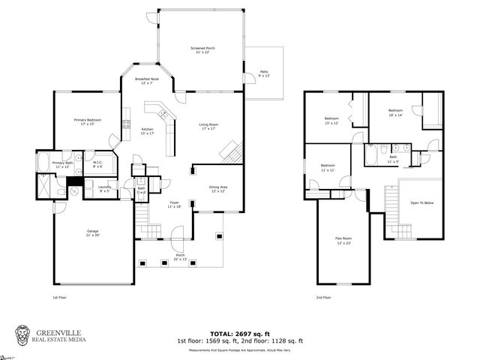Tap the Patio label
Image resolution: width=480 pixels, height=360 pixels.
[262, 74]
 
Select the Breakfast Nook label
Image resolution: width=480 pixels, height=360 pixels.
[147, 80]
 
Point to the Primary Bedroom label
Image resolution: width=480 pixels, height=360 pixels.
[88, 121]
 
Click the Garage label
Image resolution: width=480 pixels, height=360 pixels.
[92, 233]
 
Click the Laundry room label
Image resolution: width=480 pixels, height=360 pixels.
[104, 189]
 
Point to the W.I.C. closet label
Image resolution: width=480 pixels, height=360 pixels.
[98, 163]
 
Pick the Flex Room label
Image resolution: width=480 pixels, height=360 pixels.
[343, 240]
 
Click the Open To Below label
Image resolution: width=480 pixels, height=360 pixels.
[421, 203]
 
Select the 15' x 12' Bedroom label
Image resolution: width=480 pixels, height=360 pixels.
[331, 120]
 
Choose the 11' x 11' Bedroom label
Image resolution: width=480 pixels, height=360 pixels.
[328, 167]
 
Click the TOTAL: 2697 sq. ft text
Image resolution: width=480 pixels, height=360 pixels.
[240, 332]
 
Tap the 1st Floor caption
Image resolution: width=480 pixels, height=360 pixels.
[61, 297]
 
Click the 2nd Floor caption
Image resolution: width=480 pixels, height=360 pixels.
[324, 297]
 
